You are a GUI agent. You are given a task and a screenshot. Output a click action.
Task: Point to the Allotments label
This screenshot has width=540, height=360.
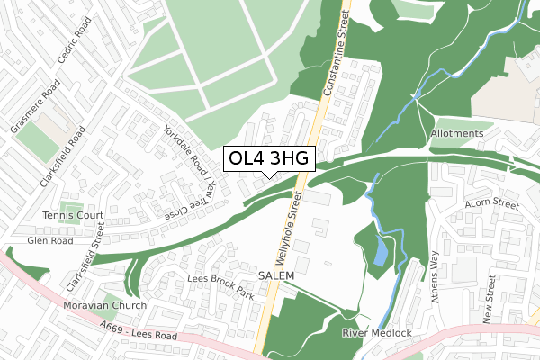[x=457, y=133]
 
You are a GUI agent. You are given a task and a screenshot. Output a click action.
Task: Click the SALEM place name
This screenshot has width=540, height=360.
[x=276, y=274]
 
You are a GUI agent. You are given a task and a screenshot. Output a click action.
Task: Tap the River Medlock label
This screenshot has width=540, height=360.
[x=376, y=333]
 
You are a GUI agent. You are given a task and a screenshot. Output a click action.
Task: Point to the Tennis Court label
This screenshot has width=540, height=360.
[x=74, y=216]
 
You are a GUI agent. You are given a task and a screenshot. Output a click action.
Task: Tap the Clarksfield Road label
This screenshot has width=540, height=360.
[x=62, y=156]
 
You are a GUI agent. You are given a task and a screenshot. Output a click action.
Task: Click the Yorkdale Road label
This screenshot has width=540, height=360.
[x=184, y=145]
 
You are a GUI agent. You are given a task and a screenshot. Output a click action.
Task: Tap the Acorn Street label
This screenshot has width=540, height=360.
[x=492, y=205]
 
